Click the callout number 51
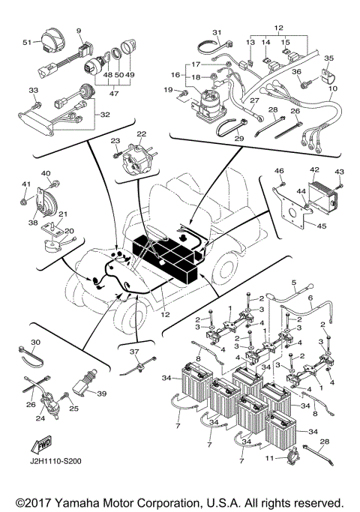coord(26,43)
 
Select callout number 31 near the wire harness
coord(217,31)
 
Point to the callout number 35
coord(328,58)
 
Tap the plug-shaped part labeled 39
coord(82,389)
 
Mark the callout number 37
coord(134,352)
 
